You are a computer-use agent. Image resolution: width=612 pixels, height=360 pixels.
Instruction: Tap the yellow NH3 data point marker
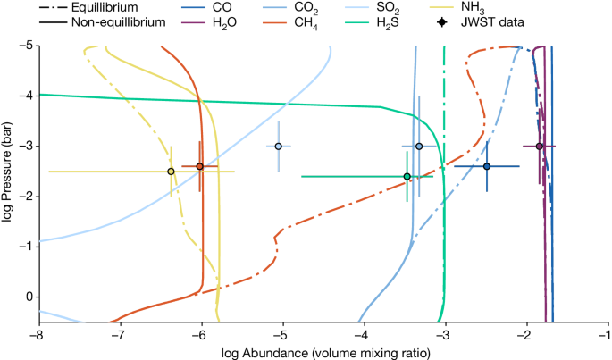click(171, 172)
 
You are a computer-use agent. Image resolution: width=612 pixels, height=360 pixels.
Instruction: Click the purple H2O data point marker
click(540, 146)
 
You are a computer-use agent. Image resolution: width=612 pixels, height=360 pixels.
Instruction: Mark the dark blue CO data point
click(487, 166)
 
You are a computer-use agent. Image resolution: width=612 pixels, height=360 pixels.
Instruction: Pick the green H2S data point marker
click(407, 177)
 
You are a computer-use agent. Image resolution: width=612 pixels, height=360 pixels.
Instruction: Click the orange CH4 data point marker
click(199, 166)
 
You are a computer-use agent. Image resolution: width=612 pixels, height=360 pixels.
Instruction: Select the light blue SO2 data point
click(279, 146)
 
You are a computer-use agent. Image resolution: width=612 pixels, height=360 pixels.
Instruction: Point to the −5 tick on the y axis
click(27, 45)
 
